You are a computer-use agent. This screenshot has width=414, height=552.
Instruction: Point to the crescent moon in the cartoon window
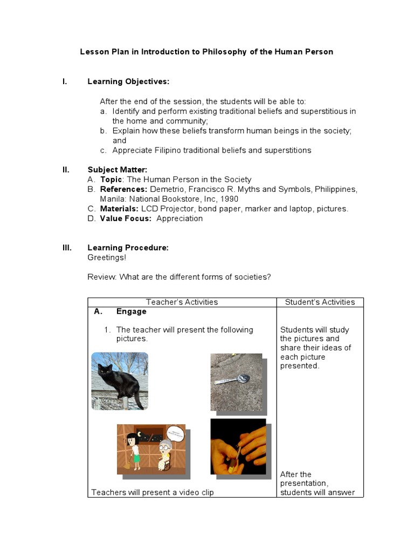coord(140,434)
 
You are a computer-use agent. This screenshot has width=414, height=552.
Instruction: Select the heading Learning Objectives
coord(128,81)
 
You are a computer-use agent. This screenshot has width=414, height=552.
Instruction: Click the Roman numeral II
coord(66,169)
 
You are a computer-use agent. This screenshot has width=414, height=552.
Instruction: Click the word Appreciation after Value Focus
coord(180,218)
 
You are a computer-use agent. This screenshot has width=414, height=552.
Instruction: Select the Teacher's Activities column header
coord(182,302)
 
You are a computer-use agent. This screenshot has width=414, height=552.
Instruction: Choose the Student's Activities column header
coord(320,302)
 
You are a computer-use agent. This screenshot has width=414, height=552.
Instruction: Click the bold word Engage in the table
coord(131,312)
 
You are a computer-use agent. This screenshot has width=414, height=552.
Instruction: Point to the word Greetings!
coord(107,257)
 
